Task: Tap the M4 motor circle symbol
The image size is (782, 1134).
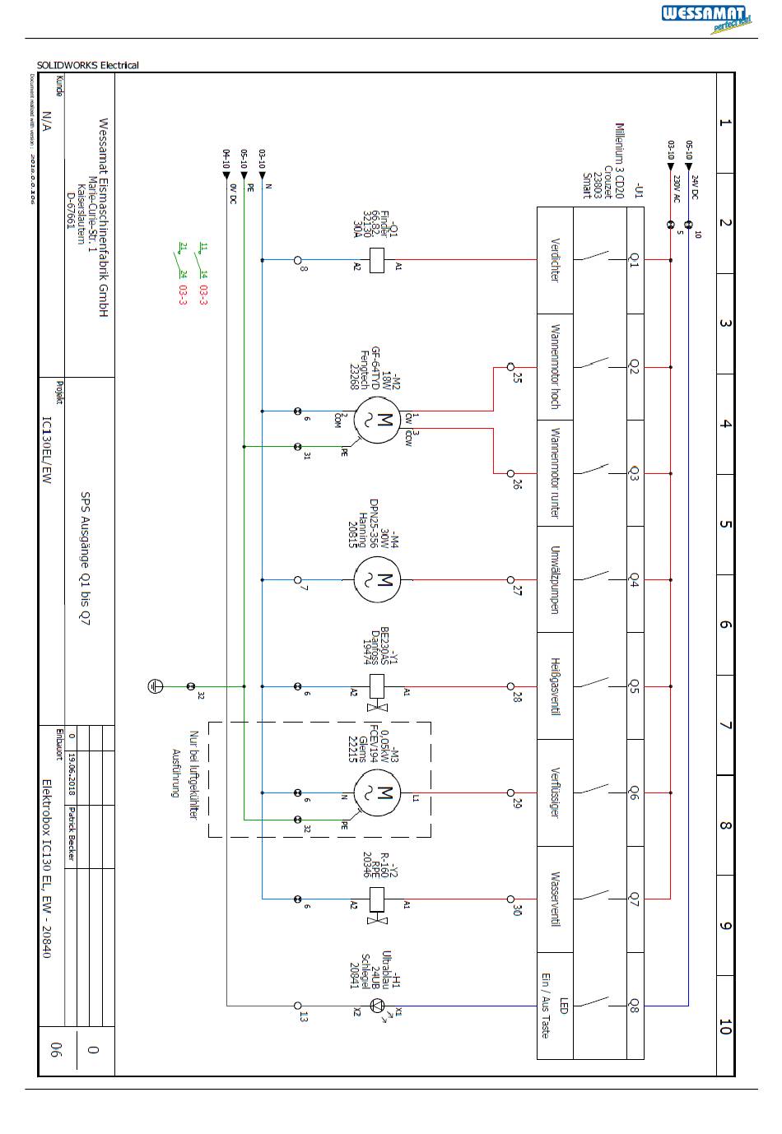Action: click(377, 580)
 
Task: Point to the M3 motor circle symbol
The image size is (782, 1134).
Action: click(377, 793)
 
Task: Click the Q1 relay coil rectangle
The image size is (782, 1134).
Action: click(377, 260)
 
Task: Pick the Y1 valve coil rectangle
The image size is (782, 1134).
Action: click(377, 686)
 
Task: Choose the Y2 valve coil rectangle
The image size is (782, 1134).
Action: click(377, 899)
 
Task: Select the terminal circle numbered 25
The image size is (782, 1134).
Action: click(510, 367)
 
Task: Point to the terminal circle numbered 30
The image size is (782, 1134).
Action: click(510, 899)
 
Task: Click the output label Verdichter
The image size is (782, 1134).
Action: click(555, 260)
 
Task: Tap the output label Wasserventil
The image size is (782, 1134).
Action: click(555, 899)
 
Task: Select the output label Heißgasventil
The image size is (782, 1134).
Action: click(555, 686)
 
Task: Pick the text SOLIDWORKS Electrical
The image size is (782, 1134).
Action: click(88, 65)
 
